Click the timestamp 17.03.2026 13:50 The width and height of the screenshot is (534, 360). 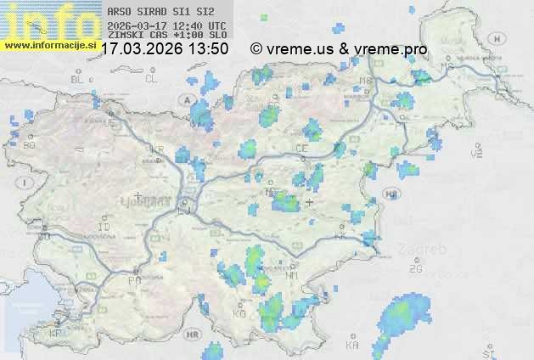[164, 49]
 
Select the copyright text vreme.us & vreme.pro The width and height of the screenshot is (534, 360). [339, 49]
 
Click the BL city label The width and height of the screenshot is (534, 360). [78, 79]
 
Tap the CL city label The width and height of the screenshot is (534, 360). [151, 79]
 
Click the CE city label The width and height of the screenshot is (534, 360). [301, 148]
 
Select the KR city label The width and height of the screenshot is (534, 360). [157, 149]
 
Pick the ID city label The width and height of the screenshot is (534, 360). [104, 228]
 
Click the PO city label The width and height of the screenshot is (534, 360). [133, 280]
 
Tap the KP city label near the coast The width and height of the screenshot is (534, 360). [56, 334]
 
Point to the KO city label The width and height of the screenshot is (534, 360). [239, 314]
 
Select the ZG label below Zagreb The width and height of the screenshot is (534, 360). [415, 269]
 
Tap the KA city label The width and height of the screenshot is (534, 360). [352, 346]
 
